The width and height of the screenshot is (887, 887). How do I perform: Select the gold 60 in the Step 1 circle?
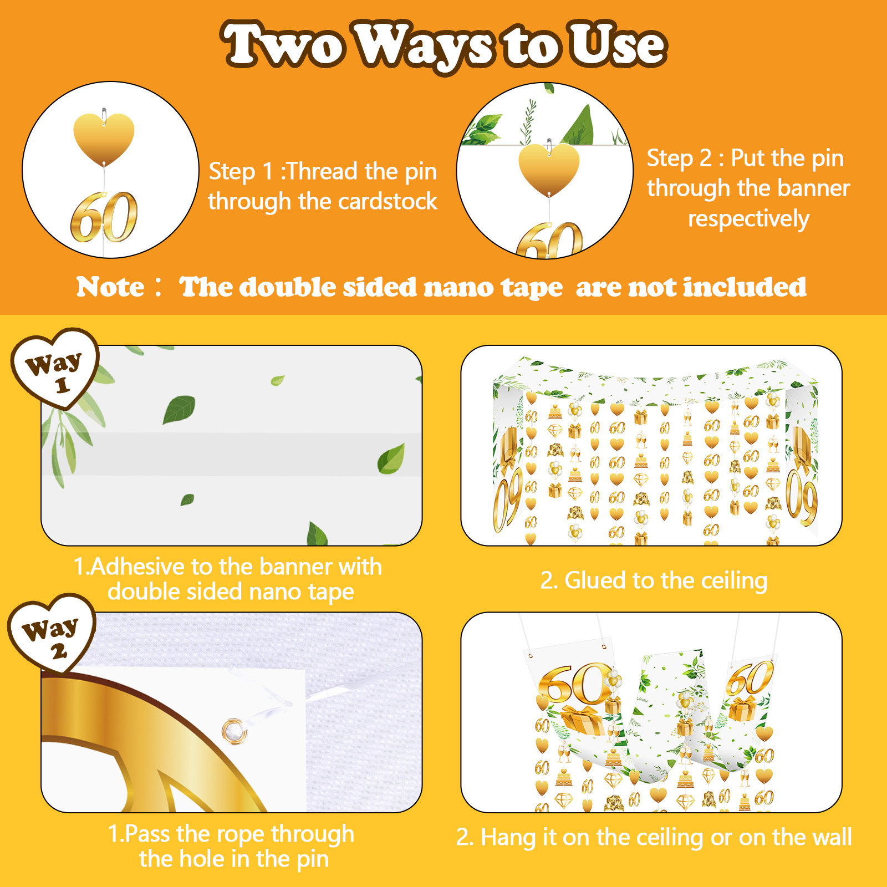(104, 217)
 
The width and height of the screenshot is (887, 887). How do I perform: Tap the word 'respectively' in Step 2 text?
(748, 218)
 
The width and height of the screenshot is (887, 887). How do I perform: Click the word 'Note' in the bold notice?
(110, 287)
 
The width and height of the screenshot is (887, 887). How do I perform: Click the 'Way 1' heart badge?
(54, 368)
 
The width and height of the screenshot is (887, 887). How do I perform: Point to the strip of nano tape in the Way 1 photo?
(232, 454)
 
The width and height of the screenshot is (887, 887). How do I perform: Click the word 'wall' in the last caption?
(829, 837)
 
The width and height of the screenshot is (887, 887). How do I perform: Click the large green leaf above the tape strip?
(179, 409)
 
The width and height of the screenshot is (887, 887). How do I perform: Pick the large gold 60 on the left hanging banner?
(574, 684)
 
